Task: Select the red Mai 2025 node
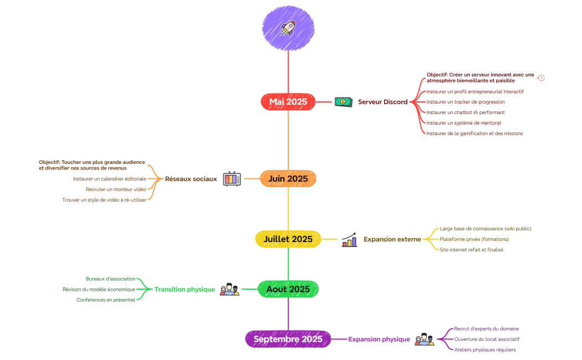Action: pos(288,102)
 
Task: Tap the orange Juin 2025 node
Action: pos(288,179)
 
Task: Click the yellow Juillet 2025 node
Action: pos(288,239)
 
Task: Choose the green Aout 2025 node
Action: pos(288,289)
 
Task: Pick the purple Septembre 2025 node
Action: pos(288,339)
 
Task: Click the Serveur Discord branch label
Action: pos(382,102)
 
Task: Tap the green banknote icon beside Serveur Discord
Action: pos(343,102)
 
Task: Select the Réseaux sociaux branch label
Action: pos(191,179)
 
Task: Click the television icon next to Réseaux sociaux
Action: pos(232,179)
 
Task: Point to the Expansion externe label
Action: pos(392,239)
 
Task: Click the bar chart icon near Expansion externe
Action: pos(349,239)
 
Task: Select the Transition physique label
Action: pos(185,289)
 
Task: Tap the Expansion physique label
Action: pos(379,339)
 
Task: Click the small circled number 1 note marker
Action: pos(542,78)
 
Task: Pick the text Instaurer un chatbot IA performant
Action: pos(465,112)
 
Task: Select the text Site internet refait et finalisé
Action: pos(471,250)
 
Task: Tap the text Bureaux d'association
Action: pos(110,279)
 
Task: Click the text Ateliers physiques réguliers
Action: pos(485,349)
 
